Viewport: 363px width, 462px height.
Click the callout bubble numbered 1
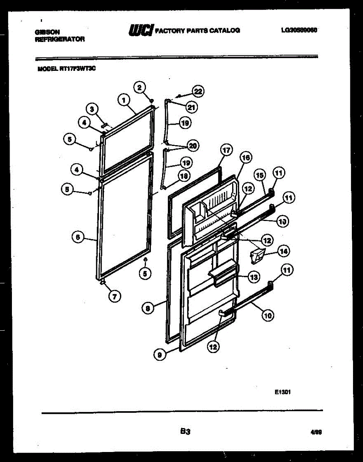[123, 100]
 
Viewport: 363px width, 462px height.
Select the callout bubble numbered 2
[140, 87]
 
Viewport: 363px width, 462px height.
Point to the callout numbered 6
[78, 238]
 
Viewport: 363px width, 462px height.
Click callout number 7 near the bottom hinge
[114, 296]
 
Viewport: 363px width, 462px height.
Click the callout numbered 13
[254, 277]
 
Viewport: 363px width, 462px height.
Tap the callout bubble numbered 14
[283, 252]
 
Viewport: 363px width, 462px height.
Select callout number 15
[260, 175]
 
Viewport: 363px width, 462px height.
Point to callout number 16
[245, 157]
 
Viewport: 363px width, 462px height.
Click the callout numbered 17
[226, 150]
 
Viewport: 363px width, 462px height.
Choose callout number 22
[198, 91]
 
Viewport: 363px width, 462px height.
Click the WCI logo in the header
[141, 30]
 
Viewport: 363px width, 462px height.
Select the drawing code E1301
[282, 393]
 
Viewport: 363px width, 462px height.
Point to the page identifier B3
[186, 432]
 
